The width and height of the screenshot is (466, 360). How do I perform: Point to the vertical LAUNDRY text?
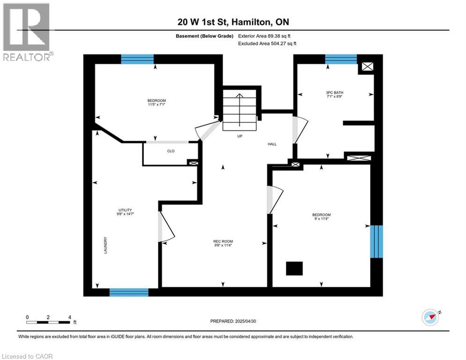106,244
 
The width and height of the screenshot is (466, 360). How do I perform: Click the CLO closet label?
170,151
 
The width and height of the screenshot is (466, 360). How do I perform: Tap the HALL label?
272,144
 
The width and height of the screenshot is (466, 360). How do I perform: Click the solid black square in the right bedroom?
295,269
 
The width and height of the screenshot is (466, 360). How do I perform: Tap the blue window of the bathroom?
340,59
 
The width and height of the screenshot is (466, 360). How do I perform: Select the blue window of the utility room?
129,292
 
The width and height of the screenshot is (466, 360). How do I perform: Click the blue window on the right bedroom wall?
376,241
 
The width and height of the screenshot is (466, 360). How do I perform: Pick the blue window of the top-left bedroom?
137,59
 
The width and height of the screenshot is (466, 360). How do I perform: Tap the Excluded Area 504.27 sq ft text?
267,43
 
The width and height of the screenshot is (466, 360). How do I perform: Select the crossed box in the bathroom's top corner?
368,67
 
